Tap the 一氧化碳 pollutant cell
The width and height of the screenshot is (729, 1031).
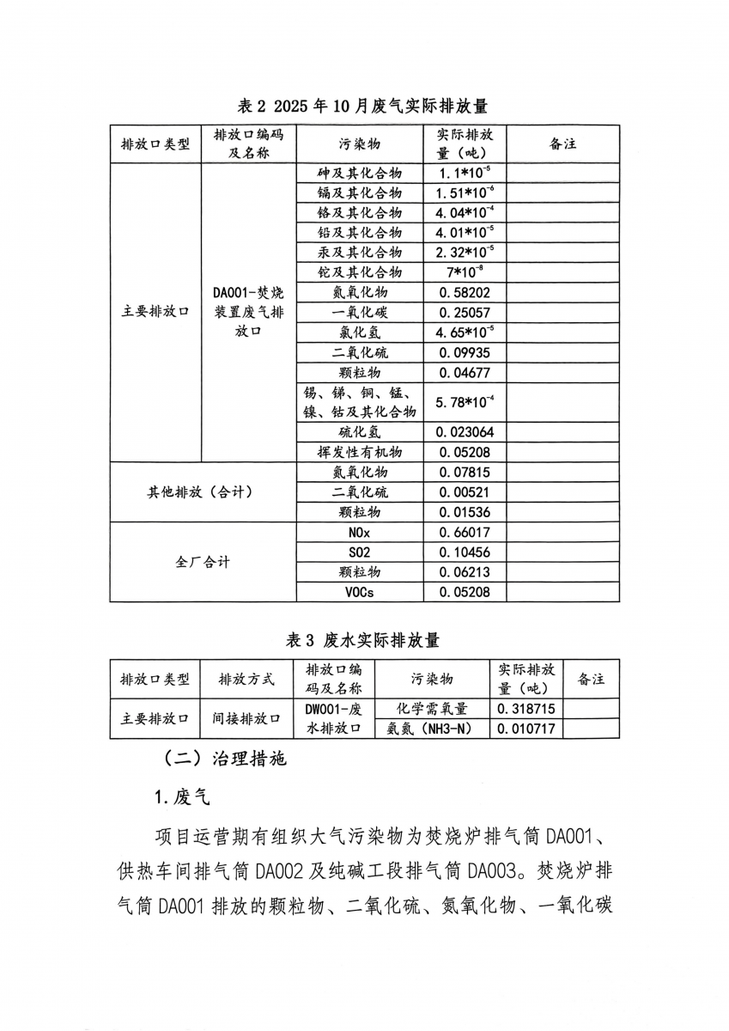tap(359, 313)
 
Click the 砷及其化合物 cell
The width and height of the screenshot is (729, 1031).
tap(359, 172)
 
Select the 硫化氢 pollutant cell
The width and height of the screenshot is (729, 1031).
tap(359, 432)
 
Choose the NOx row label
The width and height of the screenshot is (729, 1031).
tap(359, 533)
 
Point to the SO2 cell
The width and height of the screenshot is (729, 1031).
tap(359, 552)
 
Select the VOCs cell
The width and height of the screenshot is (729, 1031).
tap(359, 593)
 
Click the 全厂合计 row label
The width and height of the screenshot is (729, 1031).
tap(203, 563)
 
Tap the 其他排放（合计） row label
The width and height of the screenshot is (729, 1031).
tap(203, 492)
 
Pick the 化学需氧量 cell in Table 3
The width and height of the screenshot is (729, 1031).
tap(432, 709)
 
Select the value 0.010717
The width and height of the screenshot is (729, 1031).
tap(526, 729)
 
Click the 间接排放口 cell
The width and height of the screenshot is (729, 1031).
tap(246, 719)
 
